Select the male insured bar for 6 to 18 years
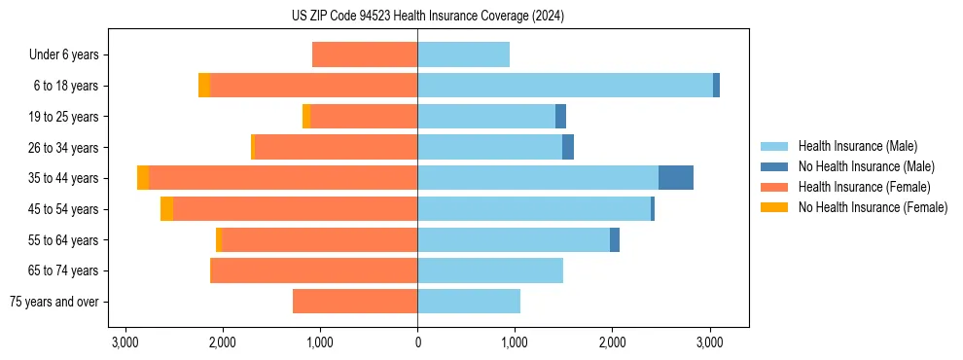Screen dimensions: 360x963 pos(565,86)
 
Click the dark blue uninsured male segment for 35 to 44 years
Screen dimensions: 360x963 pos(676,178)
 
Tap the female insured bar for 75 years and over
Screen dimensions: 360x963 pos(355,302)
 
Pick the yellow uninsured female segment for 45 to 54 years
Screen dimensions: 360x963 pos(166,209)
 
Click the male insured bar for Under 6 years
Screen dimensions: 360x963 pos(463,54)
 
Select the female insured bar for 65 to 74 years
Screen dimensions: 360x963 pos(313,270)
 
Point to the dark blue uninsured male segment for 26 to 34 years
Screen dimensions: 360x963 pos(568,147)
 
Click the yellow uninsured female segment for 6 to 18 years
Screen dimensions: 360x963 pos(204,86)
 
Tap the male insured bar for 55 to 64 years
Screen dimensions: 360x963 pos(514,239)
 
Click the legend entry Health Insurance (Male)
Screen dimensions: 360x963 pos(857,146)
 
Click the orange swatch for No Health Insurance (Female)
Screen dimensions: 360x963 pos(774,207)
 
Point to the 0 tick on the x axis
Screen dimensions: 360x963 pos(417,342)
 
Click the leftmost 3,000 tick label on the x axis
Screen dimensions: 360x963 pos(125,342)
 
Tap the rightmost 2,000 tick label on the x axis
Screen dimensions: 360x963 pos(612,342)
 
